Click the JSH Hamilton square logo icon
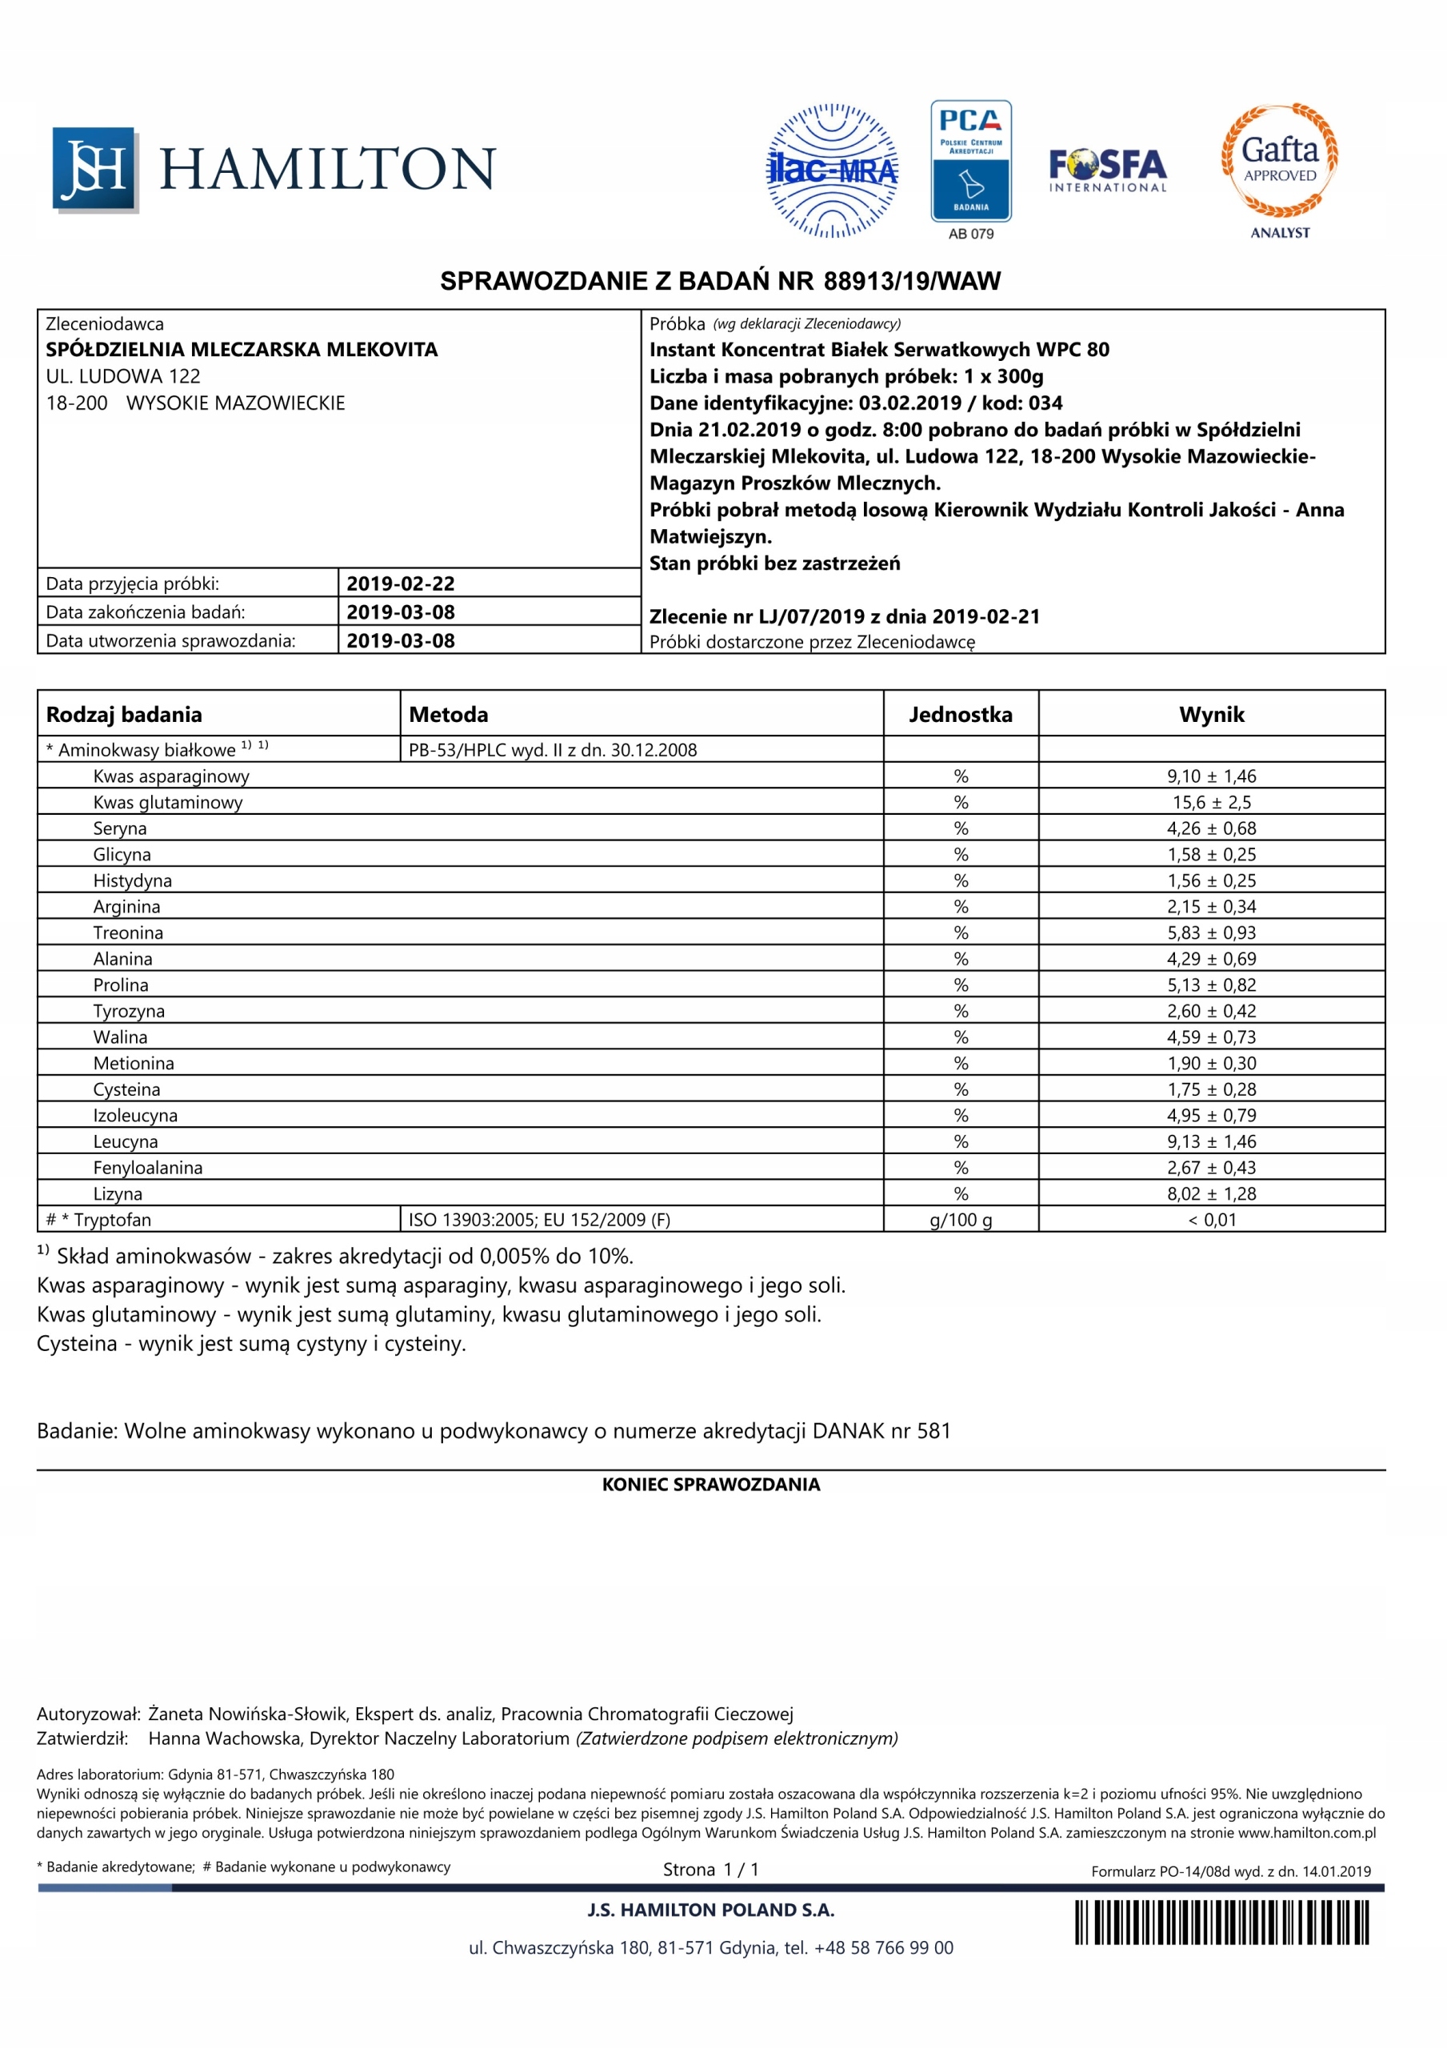coord(94,170)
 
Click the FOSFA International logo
coord(1107,170)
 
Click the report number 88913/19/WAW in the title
coord(912,282)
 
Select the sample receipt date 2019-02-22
coord(401,583)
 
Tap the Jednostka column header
coord(960,714)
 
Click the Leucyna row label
coord(125,1141)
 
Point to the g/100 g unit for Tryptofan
coord(960,1220)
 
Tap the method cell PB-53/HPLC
coord(552,750)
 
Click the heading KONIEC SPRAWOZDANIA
coord(711,1484)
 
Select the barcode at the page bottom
coord(1221,1923)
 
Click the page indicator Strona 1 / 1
coord(710,1870)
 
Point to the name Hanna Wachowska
coord(226,1738)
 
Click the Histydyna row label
coord(132,880)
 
